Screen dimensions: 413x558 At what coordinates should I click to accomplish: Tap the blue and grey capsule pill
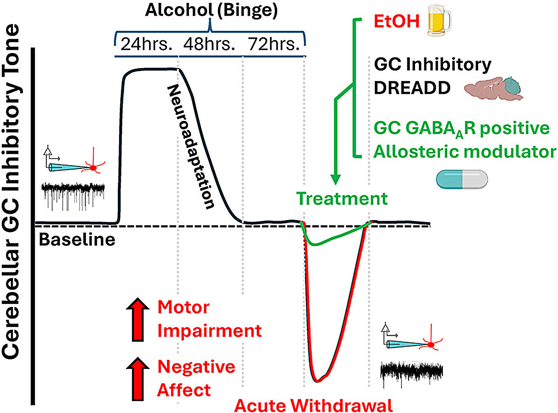[x=462, y=179]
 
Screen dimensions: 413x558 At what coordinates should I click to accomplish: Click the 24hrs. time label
[x=145, y=45]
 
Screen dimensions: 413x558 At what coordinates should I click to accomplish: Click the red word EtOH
[x=396, y=22]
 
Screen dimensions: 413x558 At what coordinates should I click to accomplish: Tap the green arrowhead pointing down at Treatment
[x=335, y=179]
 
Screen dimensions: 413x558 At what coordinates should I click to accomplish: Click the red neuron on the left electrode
[x=92, y=168]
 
